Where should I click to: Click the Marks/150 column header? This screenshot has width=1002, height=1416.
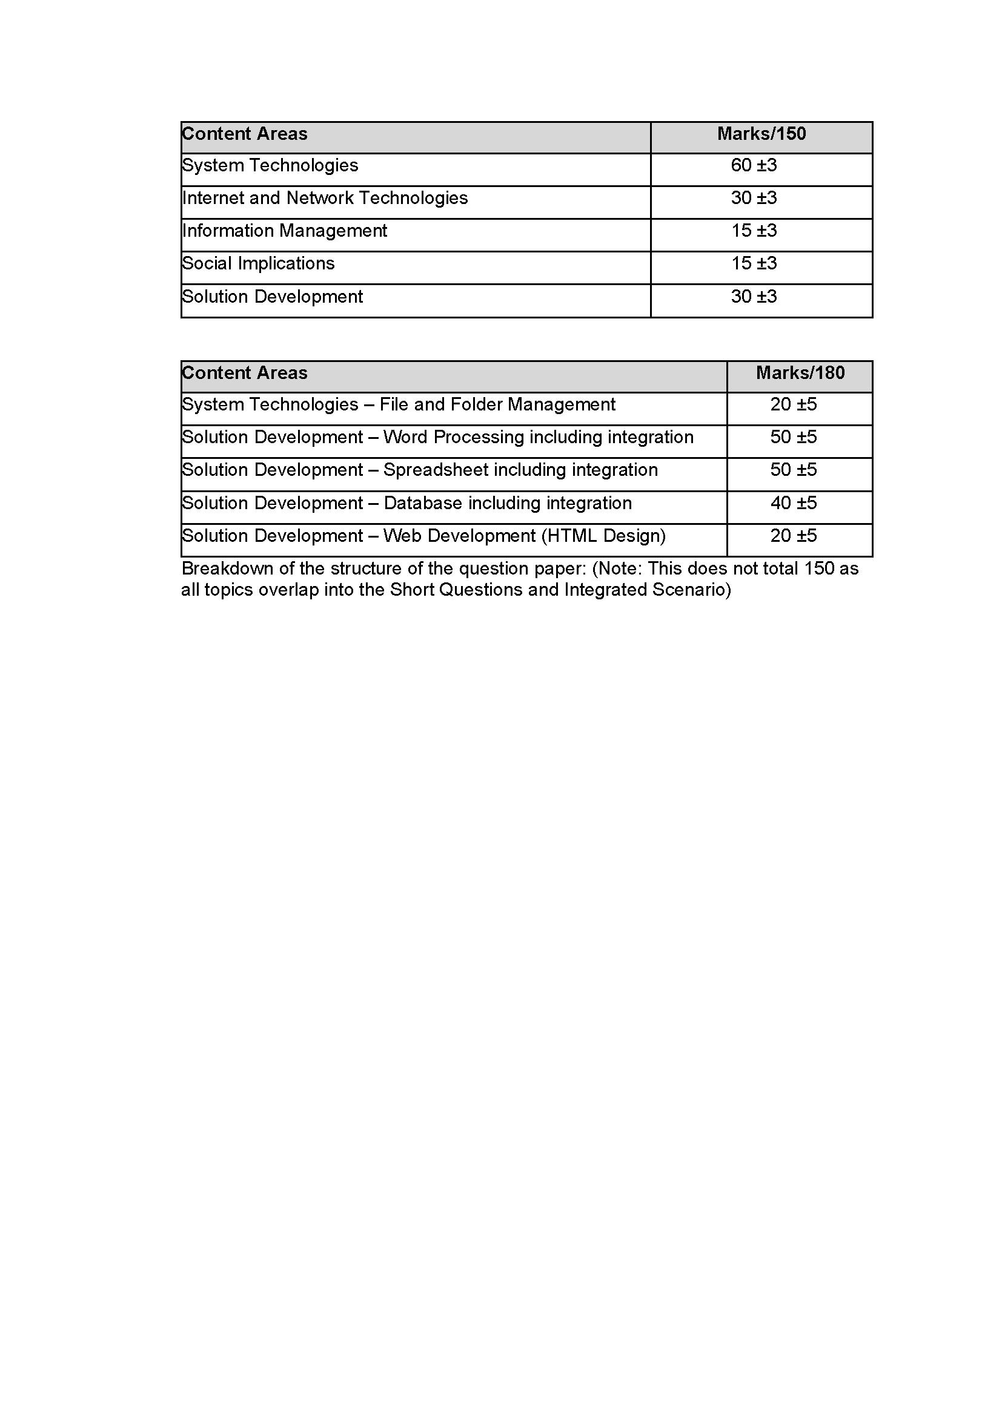click(761, 134)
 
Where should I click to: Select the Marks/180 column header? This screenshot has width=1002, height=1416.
click(800, 373)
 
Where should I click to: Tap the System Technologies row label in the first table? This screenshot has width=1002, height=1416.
click(270, 166)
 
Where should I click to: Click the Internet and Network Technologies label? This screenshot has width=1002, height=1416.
click(325, 199)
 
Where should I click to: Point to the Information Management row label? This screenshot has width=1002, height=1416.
click(285, 231)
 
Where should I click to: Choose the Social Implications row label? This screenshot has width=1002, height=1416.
click(259, 264)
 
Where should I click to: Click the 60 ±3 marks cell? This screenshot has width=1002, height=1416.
click(754, 166)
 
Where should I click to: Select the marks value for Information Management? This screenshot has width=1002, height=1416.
click(754, 231)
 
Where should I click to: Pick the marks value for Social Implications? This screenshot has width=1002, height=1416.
click(754, 264)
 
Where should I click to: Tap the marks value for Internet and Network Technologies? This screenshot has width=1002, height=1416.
click(754, 199)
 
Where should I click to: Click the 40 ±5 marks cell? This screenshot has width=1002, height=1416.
click(794, 503)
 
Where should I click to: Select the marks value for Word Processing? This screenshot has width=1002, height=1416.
click(794, 438)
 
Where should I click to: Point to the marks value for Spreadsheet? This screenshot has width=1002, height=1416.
click(794, 470)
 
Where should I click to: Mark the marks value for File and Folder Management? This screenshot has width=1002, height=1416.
click(794, 405)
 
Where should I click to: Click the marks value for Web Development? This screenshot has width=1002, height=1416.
click(794, 536)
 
